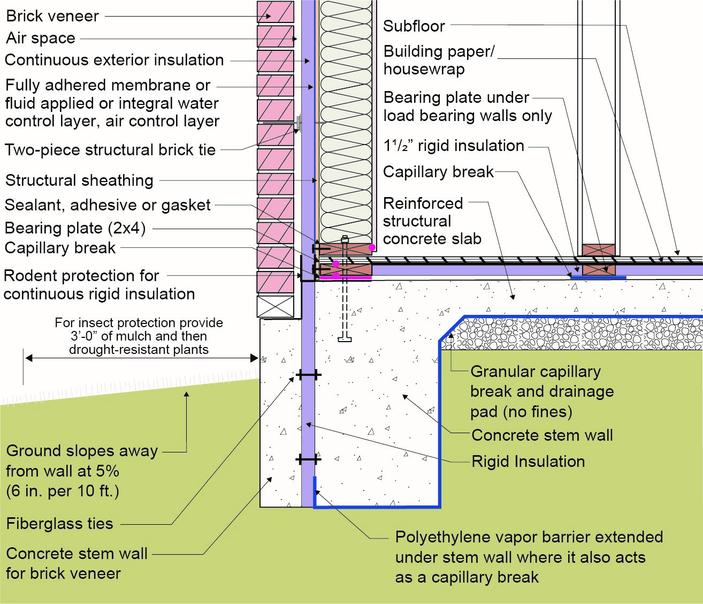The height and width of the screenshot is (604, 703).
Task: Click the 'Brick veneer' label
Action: click(52, 16)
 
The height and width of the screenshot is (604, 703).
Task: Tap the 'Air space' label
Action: click(41, 38)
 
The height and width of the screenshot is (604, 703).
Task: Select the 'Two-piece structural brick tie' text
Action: click(110, 150)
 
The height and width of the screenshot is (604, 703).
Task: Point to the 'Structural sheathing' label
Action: click(79, 180)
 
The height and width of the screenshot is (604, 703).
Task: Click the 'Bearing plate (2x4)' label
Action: click(75, 228)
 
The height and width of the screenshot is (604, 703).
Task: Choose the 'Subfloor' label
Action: click(414, 26)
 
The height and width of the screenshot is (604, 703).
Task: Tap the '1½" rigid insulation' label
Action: click(454, 146)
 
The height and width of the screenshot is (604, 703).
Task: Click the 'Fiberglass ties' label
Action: click(59, 524)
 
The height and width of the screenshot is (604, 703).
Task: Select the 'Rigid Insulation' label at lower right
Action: click(528, 462)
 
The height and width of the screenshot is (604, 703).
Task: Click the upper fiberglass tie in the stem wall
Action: click(309, 375)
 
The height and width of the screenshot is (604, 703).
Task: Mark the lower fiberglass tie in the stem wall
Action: click(309, 459)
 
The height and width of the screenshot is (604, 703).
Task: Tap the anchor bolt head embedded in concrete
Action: click(345, 339)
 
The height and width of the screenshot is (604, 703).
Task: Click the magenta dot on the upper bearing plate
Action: click(372, 247)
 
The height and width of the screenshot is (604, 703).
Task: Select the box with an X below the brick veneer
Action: click(275, 306)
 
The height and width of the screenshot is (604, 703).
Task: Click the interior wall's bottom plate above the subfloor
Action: click(599, 250)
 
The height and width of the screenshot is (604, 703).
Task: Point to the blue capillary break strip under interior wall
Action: click(598, 278)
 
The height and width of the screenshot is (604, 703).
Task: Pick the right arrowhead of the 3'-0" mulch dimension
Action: click(254, 358)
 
